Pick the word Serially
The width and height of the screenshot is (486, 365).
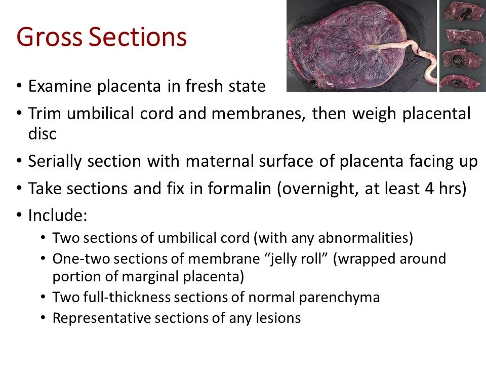pyautogui.click(x=56, y=161)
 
